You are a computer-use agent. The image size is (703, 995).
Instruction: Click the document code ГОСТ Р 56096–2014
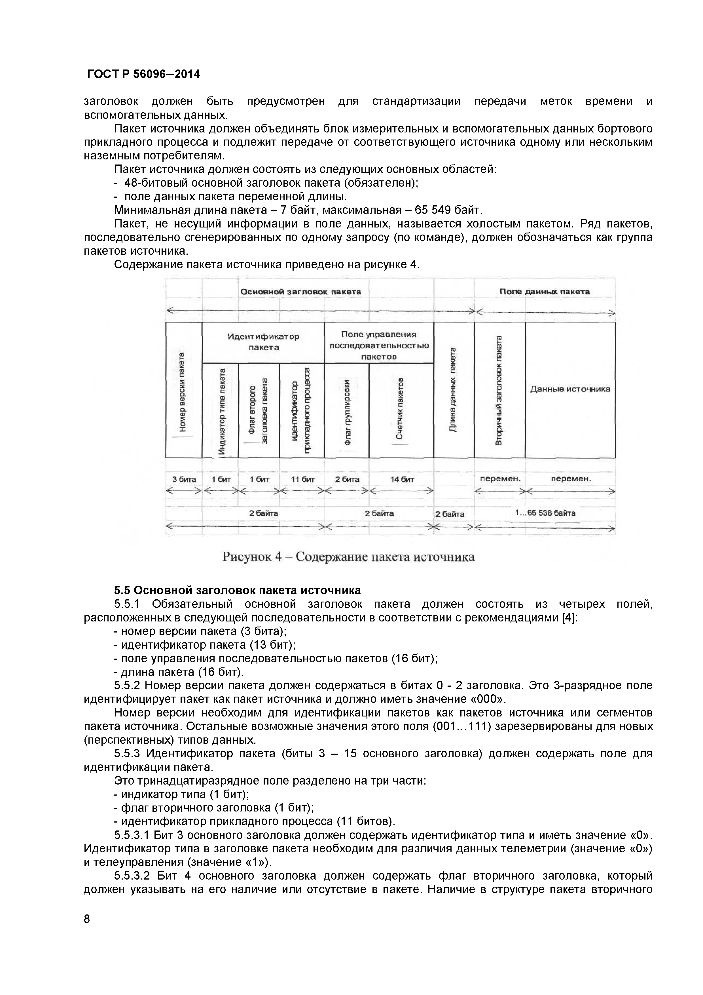click(144, 74)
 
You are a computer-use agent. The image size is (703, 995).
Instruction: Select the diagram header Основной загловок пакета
click(300, 292)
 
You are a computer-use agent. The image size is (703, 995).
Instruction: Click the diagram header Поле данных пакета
click(545, 292)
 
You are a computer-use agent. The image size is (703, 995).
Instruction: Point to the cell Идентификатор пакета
click(263, 342)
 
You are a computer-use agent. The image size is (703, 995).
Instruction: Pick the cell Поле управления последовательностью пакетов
click(379, 345)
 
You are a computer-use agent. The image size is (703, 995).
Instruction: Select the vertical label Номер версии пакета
click(182, 392)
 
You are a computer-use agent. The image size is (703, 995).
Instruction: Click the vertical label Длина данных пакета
click(453, 389)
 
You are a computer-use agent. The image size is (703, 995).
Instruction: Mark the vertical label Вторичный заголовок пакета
click(499, 390)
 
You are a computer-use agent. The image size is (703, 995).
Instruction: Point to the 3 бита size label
click(184, 479)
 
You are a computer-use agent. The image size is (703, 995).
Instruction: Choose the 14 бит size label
click(402, 479)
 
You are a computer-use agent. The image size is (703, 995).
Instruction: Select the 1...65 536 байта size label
click(545, 513)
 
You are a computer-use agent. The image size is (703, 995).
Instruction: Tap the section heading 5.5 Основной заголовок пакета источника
click(237, 590)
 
